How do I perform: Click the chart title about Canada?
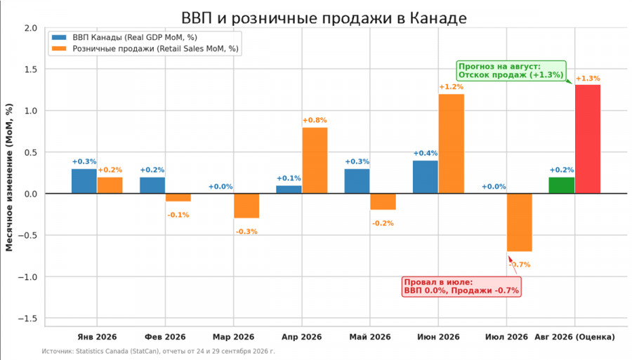(x=324, y=18)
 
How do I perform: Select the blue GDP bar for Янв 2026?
(x=84, y=181)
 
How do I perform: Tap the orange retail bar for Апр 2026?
(x=315, y=161)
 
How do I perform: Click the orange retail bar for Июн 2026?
(x=452, y=144)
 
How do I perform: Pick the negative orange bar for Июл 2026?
(x=520, y=222)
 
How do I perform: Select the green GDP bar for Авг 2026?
(x=562, y=185)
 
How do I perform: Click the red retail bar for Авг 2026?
(x=588, y=140)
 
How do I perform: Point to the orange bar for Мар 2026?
(x=246, y=206)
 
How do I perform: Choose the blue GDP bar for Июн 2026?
(x=426, y=177)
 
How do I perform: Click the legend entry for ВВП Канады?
(x=124, y=37)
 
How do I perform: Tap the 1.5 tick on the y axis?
(x=29, y=69)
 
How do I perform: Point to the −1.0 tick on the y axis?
(x=27, y=277)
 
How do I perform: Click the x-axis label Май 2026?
(x=370, y=337)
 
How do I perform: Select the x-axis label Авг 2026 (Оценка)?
(x=574, y=337)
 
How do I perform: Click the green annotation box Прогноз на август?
(x=511, y=70)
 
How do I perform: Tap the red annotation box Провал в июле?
(x=461, y=287)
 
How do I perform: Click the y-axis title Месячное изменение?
(x=9, y=178)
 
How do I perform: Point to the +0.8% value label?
(x=315, y=120)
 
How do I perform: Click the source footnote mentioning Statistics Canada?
(x=158, y=351)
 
